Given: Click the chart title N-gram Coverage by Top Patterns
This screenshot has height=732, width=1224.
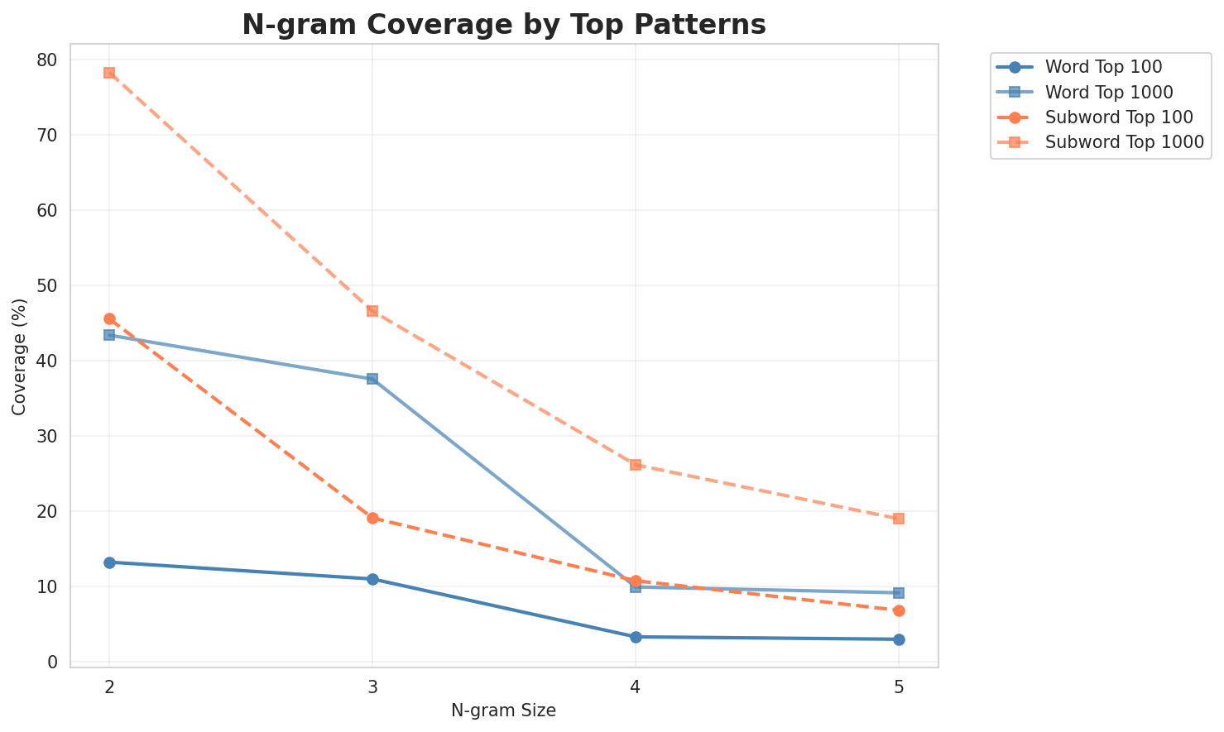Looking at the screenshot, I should click(503, 25).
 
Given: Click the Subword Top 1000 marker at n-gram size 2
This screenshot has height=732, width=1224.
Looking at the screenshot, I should click(109, 73).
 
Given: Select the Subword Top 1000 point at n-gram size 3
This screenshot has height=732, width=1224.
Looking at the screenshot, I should click(372, 311).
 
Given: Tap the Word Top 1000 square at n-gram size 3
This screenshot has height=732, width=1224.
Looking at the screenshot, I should click(372, 379).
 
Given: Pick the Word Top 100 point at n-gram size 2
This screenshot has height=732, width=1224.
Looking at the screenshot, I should click(109, 562).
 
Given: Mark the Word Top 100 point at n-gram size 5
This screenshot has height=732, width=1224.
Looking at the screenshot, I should click(899, 639).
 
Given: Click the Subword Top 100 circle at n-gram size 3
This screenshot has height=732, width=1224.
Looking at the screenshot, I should click(372, 519).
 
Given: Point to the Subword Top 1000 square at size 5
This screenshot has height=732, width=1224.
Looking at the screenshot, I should click(899, 519).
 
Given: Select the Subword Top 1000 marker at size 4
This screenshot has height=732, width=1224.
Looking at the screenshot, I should click(636, 465).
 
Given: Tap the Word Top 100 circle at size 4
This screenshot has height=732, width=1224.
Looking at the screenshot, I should click(636, 637).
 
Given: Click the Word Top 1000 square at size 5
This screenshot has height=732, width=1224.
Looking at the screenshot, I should click(899, 593).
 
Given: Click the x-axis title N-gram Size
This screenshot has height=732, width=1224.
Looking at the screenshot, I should click(503, 710).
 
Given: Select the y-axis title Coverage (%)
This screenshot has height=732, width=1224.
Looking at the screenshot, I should click(19, 356).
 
